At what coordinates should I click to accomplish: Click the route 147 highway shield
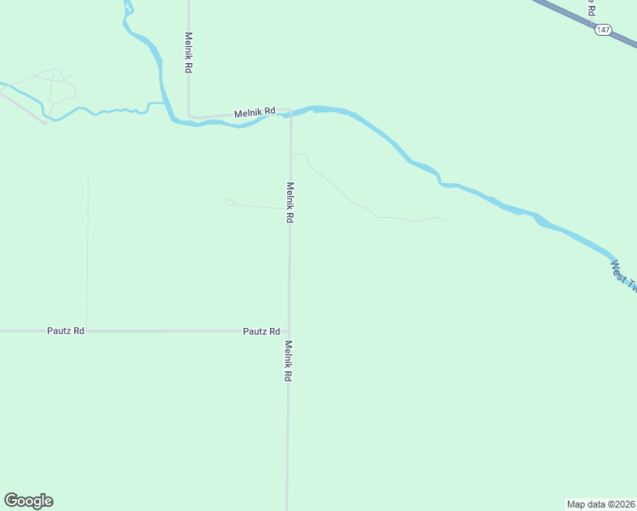pos(603,30)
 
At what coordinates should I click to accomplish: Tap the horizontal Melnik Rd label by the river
pos(255,112)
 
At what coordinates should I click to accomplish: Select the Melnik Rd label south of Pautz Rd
pos(289,361)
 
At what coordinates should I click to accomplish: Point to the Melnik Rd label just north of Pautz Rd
pos(290,203)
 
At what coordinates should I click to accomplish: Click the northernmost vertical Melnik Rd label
pos(188,53)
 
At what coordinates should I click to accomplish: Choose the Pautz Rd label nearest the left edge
pos(66,330)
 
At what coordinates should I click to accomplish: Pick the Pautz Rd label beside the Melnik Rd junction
pos(261,330)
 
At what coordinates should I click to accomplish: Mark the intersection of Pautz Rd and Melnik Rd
pos(289,330)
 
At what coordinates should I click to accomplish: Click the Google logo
pos(28,501)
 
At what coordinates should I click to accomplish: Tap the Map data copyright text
pos(601,504)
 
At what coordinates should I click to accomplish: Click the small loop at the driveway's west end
pos(228,202)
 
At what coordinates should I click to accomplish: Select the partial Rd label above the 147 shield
pos(590,8)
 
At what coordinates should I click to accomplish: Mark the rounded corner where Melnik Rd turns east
pos(190,115)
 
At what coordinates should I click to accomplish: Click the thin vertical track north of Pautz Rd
pos(87,255)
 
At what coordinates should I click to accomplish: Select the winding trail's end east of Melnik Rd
pos(445,220)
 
